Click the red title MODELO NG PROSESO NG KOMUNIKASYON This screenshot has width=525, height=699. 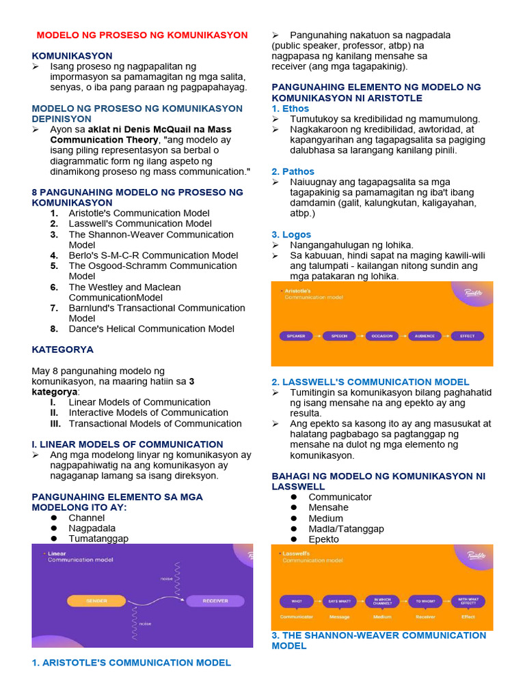142,35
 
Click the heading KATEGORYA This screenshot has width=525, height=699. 63,349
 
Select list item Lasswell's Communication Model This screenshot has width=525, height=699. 140,223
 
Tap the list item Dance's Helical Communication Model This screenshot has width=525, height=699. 151,328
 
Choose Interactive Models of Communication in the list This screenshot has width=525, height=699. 148,412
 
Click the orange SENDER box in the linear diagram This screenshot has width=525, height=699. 96,601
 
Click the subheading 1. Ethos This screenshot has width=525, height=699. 291,109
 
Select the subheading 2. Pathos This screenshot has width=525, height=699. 293,171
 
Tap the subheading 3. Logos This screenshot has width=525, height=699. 292,234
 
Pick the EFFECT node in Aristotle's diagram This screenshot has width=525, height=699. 468,336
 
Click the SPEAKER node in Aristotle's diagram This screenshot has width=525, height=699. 295,336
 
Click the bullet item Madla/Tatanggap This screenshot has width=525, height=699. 346,528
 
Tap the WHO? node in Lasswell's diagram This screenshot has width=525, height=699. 297,601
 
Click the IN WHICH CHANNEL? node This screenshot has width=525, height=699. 382,601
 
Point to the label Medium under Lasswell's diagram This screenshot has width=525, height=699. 382,616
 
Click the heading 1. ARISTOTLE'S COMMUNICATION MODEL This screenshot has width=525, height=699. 131,661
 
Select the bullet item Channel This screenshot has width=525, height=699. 86,517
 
